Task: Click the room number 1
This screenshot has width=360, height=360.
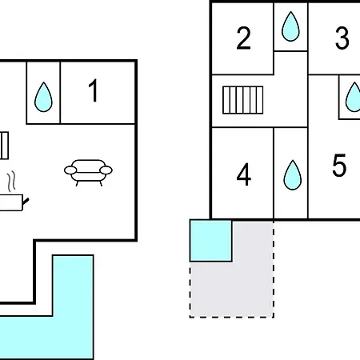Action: coord(94,90)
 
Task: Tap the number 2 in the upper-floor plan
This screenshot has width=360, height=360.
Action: coord(243,38)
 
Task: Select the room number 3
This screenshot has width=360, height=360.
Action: coord(342,38)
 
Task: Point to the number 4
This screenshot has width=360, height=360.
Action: coord(244,174)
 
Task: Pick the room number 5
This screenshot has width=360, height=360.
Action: coord(339,166)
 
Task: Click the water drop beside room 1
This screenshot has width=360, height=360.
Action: coord(43,97)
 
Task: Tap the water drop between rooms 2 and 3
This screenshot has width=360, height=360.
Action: coord(290,26)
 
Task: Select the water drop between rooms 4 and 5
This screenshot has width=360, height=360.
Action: coord(293,175)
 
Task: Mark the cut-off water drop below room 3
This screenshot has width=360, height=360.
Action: coord(353,97)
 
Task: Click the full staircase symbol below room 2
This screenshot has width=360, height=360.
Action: coord(243,100)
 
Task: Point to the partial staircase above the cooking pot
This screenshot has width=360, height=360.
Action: coord(4,146)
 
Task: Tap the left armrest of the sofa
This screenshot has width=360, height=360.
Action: coord(70,170)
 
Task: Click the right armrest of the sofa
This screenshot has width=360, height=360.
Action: coord(106,170)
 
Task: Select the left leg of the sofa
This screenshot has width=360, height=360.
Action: coord(77,183)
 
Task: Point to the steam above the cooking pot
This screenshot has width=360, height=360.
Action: coord(11,182)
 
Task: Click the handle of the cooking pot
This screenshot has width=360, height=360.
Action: coord(26,202)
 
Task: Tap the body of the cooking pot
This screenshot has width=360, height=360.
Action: coord(11,202)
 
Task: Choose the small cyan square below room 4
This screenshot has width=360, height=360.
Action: coord(210,241)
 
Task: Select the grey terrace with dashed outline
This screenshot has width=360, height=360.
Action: coord(252,288)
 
